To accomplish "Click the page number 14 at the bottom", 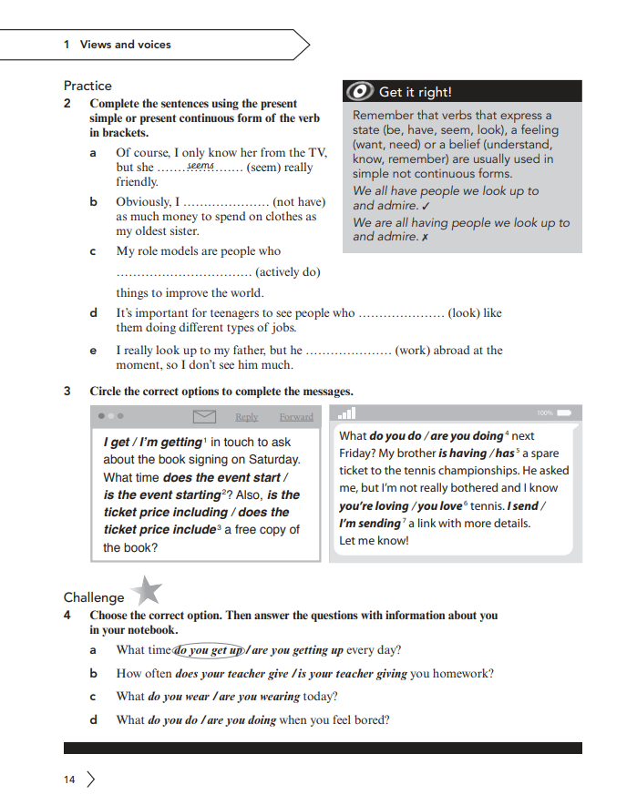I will (x=69, y=780).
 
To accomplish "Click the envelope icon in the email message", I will (x=205, y=416).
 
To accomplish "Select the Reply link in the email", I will (x=247, y=417).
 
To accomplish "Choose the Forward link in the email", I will (x=296, y=417).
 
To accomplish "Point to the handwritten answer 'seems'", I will (x=200, y=166).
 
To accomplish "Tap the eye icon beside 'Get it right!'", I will (x=359, y=91).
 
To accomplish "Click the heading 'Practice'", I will (x=87, y=86).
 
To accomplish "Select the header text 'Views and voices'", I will (x=125, y=44).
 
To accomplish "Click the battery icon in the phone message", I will (x=564, y=413).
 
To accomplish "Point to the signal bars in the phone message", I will (x=346, y=413).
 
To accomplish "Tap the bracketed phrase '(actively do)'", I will (x=288, y=271).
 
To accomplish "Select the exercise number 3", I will (x=67, y=392).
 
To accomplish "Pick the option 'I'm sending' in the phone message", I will (x=369, y=524).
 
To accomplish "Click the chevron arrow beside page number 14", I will (x=90, y=780).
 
